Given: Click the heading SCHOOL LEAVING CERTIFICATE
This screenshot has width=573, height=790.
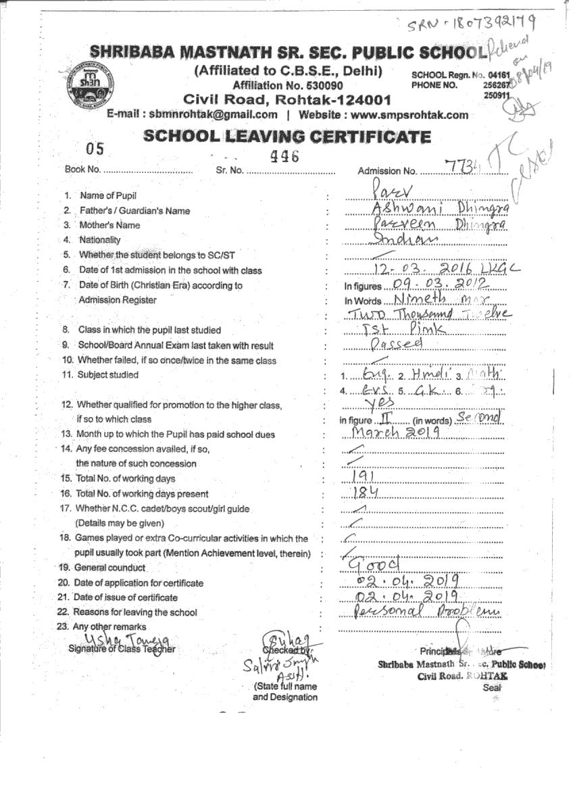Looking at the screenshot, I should (x=287, y=137).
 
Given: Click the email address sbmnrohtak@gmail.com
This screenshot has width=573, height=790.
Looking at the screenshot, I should (x=214, y=115).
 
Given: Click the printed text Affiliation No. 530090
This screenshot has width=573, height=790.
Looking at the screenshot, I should (x=288, y=85).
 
